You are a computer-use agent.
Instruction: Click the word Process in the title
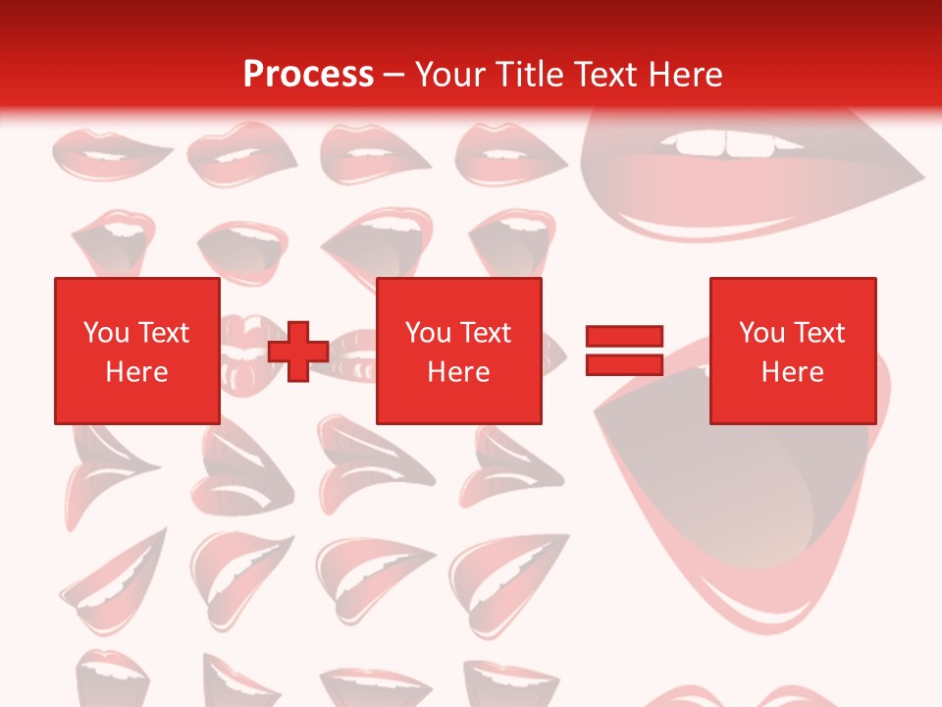[x=308, y=75]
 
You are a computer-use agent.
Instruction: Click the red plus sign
[x=298, y=352]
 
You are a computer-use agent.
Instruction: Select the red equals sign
[x=624, y=351]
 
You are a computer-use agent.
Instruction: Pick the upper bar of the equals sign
[x=624, y=337]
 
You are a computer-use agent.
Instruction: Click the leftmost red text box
[x=136, y=351]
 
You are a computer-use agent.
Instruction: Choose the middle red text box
[x=458, y=351]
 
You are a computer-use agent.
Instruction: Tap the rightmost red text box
[x=792, y=351]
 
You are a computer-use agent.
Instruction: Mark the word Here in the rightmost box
[x=792, y=372]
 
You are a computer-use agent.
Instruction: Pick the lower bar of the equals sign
[x=624, y=365]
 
